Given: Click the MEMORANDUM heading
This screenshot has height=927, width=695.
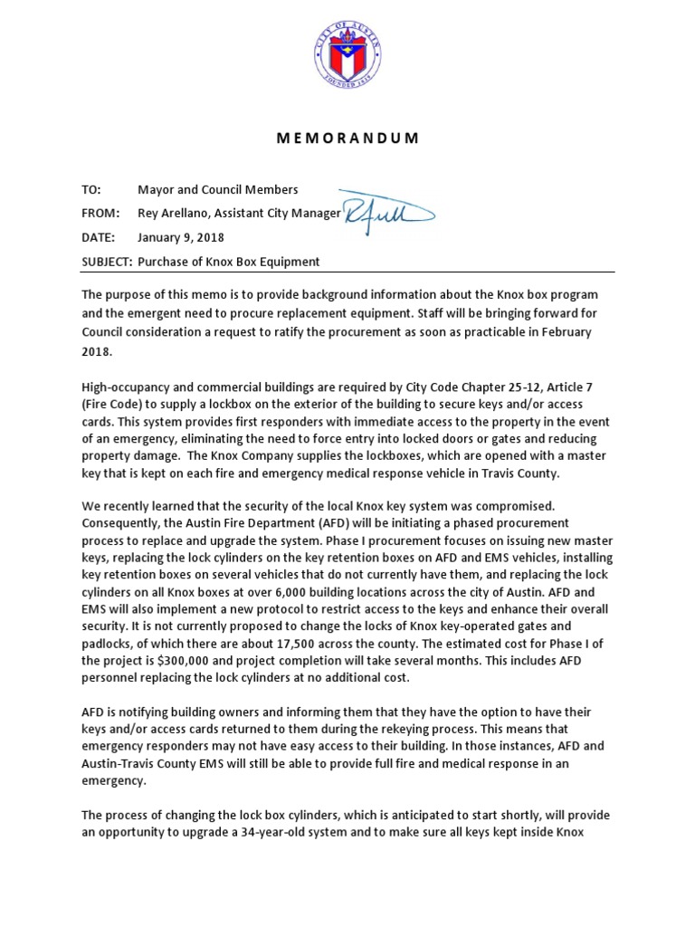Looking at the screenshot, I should [347, 139].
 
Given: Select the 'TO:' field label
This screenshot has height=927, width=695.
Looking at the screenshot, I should [92, 189].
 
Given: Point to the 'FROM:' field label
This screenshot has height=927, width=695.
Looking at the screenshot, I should [100, 214].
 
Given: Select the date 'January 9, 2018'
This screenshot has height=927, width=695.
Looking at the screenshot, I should [181, 238].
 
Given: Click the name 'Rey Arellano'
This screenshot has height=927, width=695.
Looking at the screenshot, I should [174, 214].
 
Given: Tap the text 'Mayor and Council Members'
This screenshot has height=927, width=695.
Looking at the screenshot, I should [217, 189].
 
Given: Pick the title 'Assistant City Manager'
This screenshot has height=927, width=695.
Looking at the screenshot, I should [280, 214].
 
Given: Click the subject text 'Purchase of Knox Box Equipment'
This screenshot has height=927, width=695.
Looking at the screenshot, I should [228, 262].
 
